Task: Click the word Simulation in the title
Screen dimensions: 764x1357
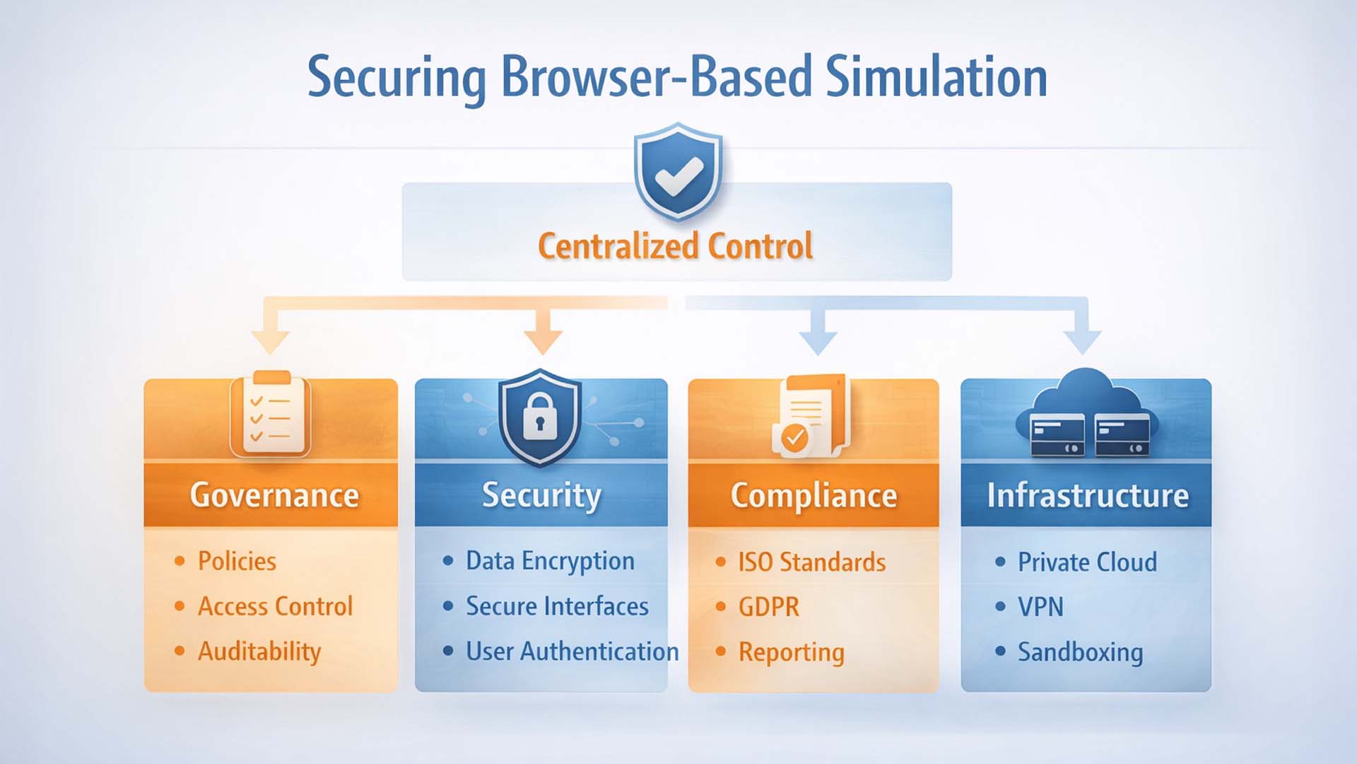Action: pyautogui.click(x=936, y=78)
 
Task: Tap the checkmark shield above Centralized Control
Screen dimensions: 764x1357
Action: pyautogui.click(x=678, y=172)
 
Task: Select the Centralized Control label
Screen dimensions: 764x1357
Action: pyautogui.click(x=676, y=246)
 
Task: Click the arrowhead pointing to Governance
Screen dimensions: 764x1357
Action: pyautogui.click(x=271, y=340)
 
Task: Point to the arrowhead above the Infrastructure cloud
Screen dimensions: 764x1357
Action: pyautogui.click(x=1082, y=340)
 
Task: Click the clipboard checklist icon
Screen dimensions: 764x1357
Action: pyautogui.click(x=270, y=415)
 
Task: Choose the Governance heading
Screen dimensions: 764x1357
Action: pyautogui.click(x=274, y=495)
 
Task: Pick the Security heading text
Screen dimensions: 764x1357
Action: pyautogui.click(x=541, y=495)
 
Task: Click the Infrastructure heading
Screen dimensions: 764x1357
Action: pyautogui.click(x=1088, y=495)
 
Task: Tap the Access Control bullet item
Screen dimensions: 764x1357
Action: pyautogui.click(x=275, y=606)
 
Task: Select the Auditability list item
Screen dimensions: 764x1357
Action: pyautogui.click(x=259, y=652)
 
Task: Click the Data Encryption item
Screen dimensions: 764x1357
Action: pyautogui.click(x=550, y=561)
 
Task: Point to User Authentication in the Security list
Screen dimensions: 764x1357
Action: pyautogui.click(x=572, y=652)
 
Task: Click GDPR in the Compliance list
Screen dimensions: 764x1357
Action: pyautogui.click(x=768, y=607)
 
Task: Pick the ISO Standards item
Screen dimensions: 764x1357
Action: pyautogui.click(x=811, y=562)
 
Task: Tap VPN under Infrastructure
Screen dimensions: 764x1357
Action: pyautogui.click(x=1040, y=607)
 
